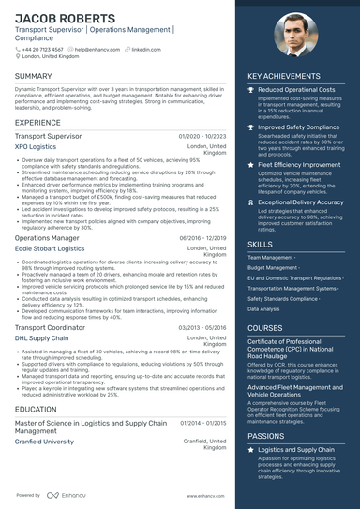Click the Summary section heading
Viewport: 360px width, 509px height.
(x=34, y=75)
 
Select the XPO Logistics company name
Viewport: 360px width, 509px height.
(x=36, y=147)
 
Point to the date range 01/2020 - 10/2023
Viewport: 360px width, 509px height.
(x=202, y=136)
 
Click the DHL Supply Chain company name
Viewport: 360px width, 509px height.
(x=41, y=337)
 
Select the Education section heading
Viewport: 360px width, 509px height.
(x=36, y=410)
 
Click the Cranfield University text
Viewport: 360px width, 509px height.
(x=44, y=441)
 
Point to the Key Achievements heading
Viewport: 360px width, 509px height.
(x=284, y=76)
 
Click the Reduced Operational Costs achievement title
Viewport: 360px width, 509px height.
(x=298, y=89)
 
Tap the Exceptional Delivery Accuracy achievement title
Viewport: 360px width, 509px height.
(x=300, y=202)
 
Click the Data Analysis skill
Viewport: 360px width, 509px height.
(x=264, y=308)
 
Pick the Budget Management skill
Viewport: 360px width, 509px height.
(x=271, y=267)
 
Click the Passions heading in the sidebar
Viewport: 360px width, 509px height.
(x=265, y=436)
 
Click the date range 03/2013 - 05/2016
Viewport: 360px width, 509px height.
(x=202, y=327)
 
